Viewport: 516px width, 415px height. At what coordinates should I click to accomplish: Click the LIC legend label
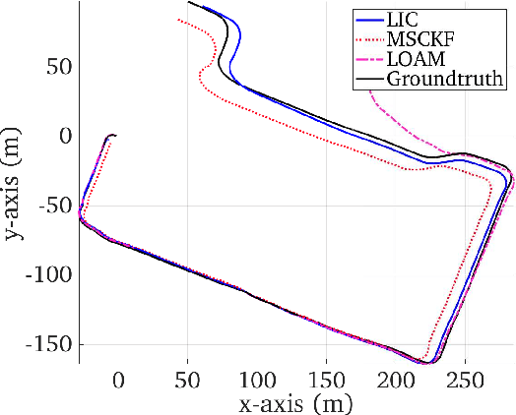click(x=401, y=19)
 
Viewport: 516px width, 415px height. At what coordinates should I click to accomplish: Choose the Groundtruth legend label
click(x=444, y=78)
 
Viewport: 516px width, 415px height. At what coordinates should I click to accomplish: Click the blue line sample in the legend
click(x=368, y=19)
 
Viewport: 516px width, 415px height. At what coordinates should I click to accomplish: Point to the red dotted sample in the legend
click(x=368, y=38)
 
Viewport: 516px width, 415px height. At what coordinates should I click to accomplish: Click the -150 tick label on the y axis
click(x=43, y=345)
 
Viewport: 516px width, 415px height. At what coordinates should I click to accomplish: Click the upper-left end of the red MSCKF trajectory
click(x=177, y=19)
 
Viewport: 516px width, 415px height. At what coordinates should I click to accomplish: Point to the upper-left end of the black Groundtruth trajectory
click(x=188, y=3)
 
